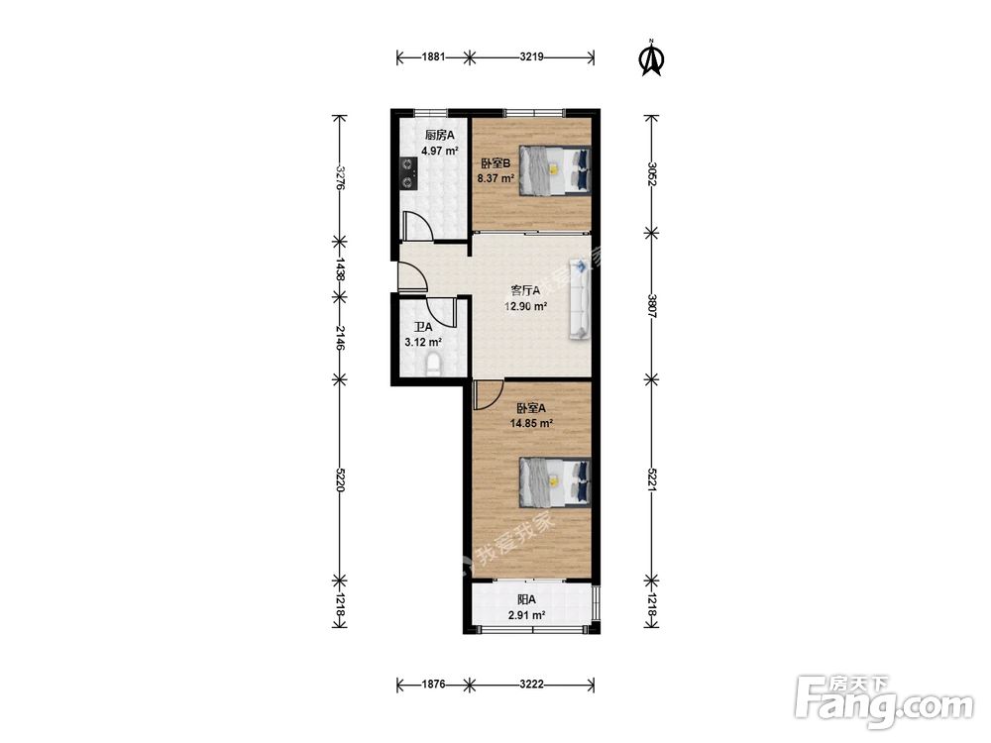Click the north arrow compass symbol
click(652, 58)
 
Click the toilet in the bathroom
click(433, 366)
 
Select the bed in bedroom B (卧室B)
click(555, 170)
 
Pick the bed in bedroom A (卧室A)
click(555, 482)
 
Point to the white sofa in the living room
click(580, 298)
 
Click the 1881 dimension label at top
click(433, 56)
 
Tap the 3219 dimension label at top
click(531, 56)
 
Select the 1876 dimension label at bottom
click(433, 685)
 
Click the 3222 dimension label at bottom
click(531, 685)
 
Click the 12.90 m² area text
click(525, 307)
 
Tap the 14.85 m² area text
click(531, 423)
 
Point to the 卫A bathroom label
click(423, 327)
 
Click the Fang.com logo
click(884, 700)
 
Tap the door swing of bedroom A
click(488, 395)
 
